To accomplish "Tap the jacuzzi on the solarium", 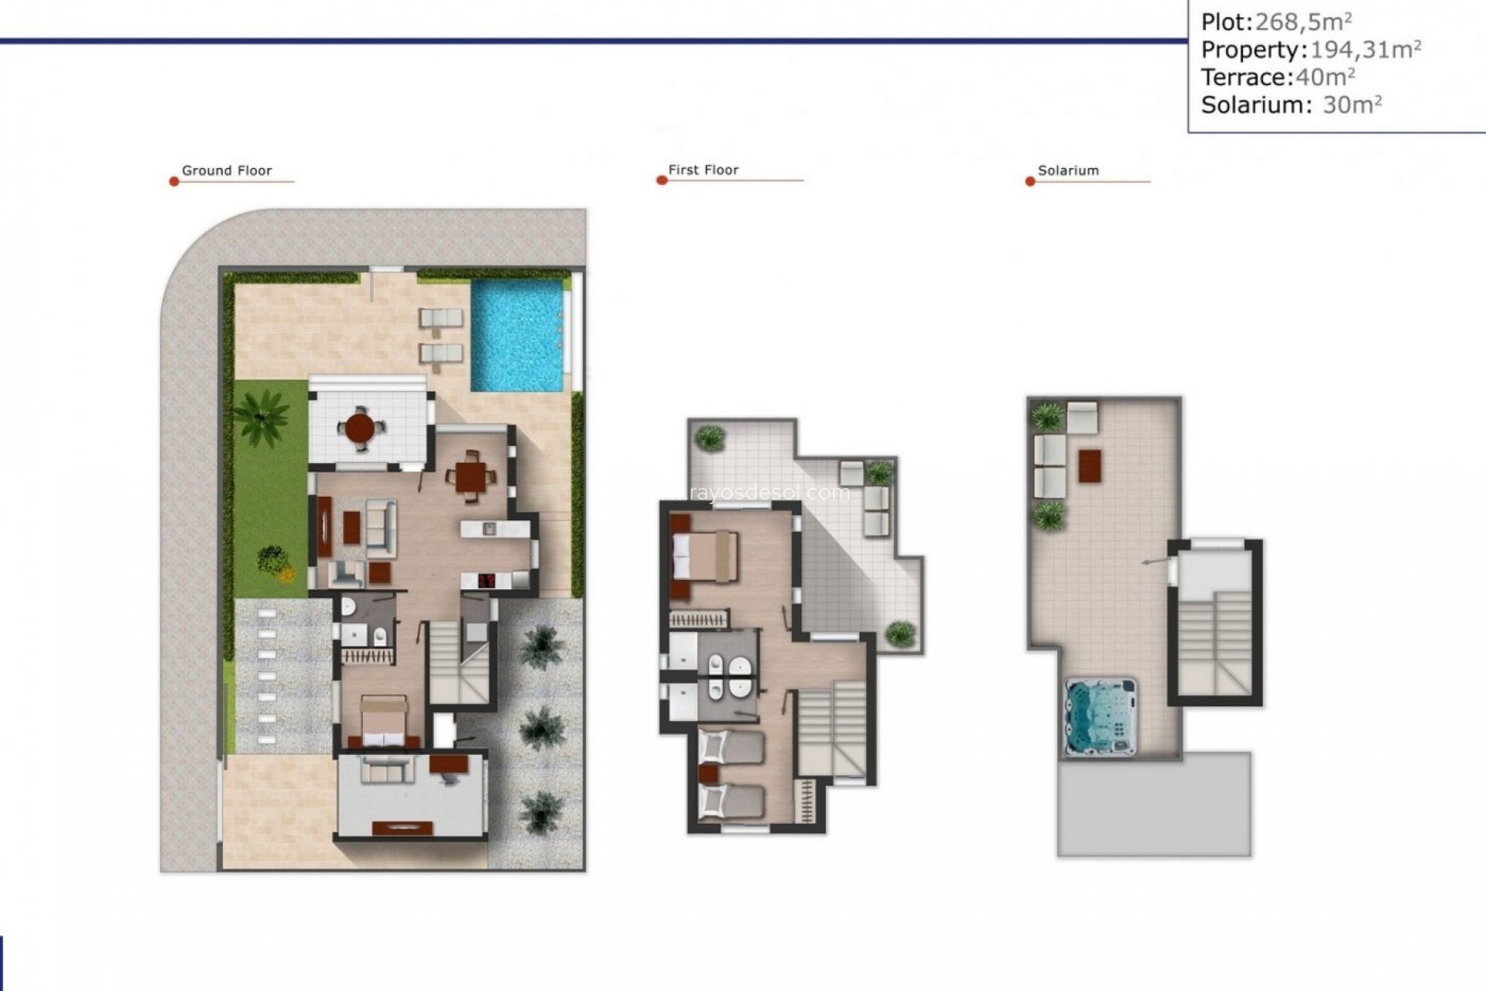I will [1101, 717].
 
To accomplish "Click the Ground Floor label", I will [227, 170].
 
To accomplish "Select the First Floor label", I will [703, 170].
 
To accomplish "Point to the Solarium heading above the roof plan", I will [1068, 170].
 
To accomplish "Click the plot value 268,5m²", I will [1303, 22].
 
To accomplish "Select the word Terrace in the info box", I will [1244, 77].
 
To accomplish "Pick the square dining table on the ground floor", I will [471, 477].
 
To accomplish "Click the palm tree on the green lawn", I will [261, 415].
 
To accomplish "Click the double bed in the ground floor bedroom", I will [384, 720].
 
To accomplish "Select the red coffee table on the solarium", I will [1089, 465].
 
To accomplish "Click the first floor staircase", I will [831, 728].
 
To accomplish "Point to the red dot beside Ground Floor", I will [174, 182].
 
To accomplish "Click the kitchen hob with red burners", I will [486, 580].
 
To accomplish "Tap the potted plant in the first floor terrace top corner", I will [709, 438].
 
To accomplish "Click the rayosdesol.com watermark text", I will [766, 492].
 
